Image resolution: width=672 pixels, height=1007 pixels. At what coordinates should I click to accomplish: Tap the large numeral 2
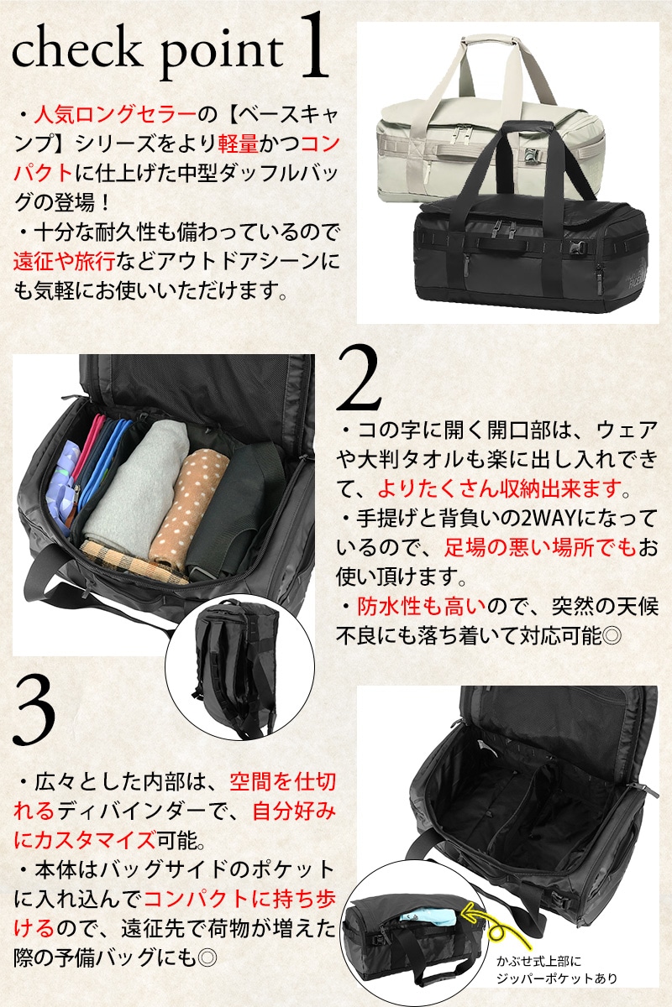pos(359,378)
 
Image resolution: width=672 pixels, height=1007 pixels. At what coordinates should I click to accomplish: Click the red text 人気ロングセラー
pos(115,115)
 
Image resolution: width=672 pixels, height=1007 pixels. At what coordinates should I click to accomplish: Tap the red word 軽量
pos(238,143)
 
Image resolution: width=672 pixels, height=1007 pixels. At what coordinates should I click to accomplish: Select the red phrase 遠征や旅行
pos(65,262)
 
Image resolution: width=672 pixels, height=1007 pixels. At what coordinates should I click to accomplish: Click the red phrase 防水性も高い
pos(422,607)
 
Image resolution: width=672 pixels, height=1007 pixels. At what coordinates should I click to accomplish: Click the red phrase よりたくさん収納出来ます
pos(500,488)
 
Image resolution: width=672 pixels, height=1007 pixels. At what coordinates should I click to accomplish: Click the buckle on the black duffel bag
pos(580,248)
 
